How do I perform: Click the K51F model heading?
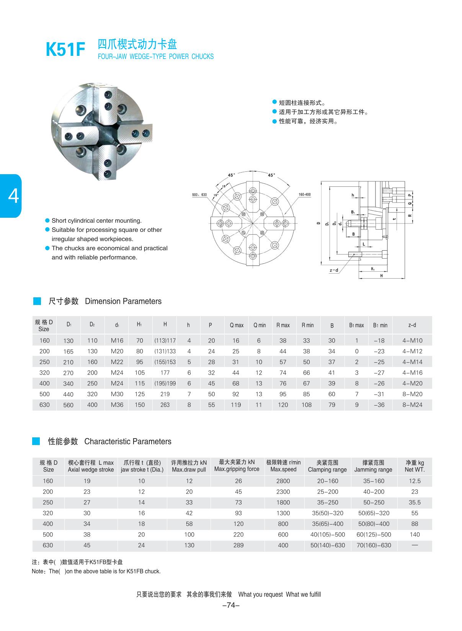65,50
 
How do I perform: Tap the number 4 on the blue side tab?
13,196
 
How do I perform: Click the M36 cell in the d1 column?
117,404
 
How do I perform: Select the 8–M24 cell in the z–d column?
412,404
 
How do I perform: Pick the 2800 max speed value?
283,481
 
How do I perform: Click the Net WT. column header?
415,466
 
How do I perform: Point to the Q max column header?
236,325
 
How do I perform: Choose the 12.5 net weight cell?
415,481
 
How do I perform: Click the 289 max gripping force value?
238,545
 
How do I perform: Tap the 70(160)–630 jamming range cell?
374,545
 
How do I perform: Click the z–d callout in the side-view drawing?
334,271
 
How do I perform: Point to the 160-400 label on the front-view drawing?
304,195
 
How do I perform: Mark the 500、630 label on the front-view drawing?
199,195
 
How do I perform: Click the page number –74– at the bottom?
231,605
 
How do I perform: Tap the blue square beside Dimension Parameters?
37,301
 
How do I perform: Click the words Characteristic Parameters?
127,442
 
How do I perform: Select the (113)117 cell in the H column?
165,341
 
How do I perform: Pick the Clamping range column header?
327,466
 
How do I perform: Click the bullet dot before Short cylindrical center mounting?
47,220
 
